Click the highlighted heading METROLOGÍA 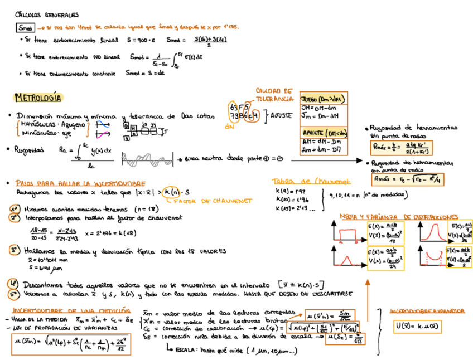[38, 98]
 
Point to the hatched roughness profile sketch [144, 160]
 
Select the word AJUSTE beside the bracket [282, 113]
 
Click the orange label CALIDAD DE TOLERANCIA [274, 95]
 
